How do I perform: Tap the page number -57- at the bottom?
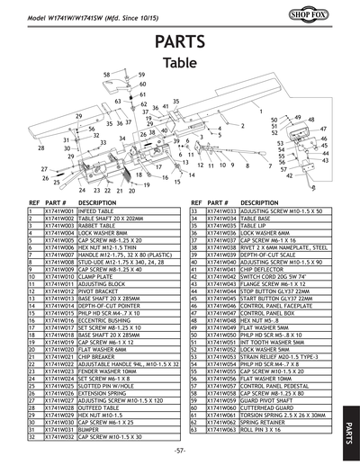[180, 449]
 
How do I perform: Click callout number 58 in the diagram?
[106, 76]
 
